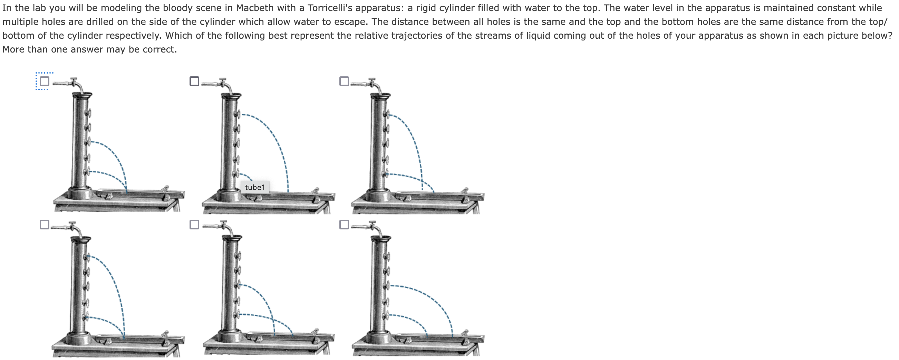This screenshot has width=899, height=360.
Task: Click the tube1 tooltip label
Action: [x=255, y=187]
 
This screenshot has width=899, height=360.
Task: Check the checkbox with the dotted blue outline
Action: [x=44, y=81]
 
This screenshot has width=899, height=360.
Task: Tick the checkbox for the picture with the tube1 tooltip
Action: [x=194, y=81]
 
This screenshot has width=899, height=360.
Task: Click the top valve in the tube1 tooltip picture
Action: [x=237, y=114]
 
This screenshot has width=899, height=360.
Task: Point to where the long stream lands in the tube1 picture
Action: [x=288, y=192]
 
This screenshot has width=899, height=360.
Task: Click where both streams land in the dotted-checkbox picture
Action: [x=126, y=191]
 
